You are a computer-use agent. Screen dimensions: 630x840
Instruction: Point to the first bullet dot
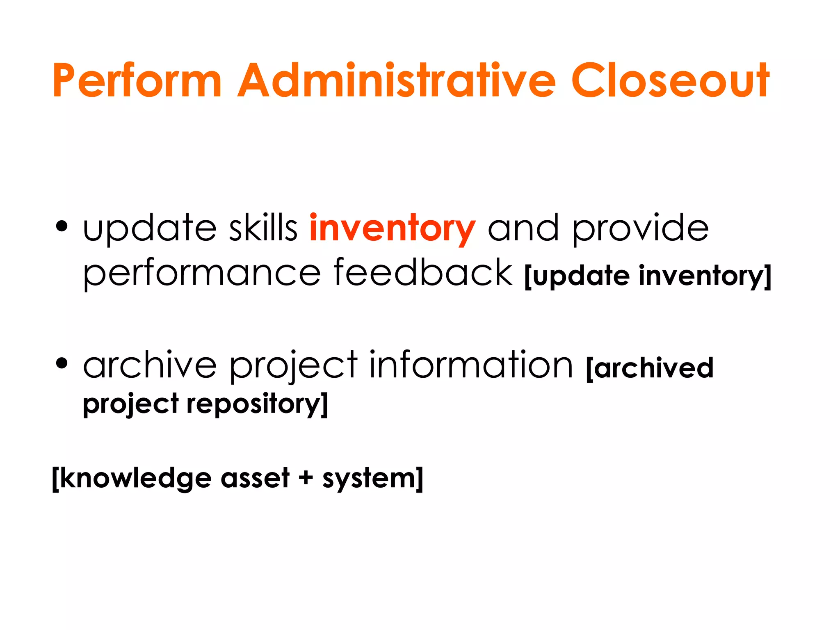coord(62,226)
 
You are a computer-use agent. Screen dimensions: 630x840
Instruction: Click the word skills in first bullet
coord(263,228)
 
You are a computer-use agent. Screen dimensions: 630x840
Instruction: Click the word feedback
coord(423,272)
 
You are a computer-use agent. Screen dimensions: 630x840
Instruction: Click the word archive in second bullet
coord(150,365)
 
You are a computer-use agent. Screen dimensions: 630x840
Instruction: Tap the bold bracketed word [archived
coord(650,368)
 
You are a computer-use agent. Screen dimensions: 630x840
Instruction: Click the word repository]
coord(257,404)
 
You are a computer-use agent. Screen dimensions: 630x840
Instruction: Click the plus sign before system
coord(306,478)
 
